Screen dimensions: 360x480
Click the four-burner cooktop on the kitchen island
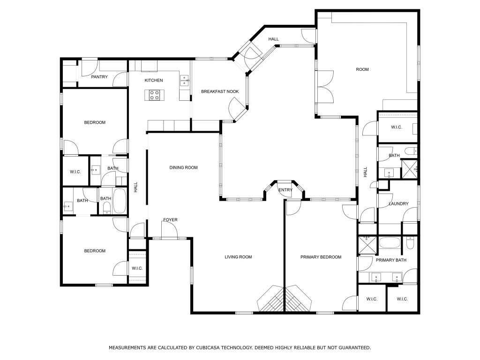point(155,95)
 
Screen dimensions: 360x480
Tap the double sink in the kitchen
point(184,81)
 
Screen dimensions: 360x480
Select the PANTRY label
point(99,77)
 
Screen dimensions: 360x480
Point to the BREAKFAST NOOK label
point(220,91)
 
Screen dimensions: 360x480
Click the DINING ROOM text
point(183,167)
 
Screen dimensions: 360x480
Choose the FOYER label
point(170,220)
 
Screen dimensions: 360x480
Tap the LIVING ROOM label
point(238,257)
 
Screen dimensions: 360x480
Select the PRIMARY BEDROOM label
point(321,257)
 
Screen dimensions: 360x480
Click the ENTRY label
point(285,190)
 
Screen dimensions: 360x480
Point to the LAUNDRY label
point(398,204)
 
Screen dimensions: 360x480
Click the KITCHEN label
point(154,81)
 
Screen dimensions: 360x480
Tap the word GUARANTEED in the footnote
point(354,348)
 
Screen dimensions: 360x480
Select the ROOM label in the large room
point(362,69)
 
